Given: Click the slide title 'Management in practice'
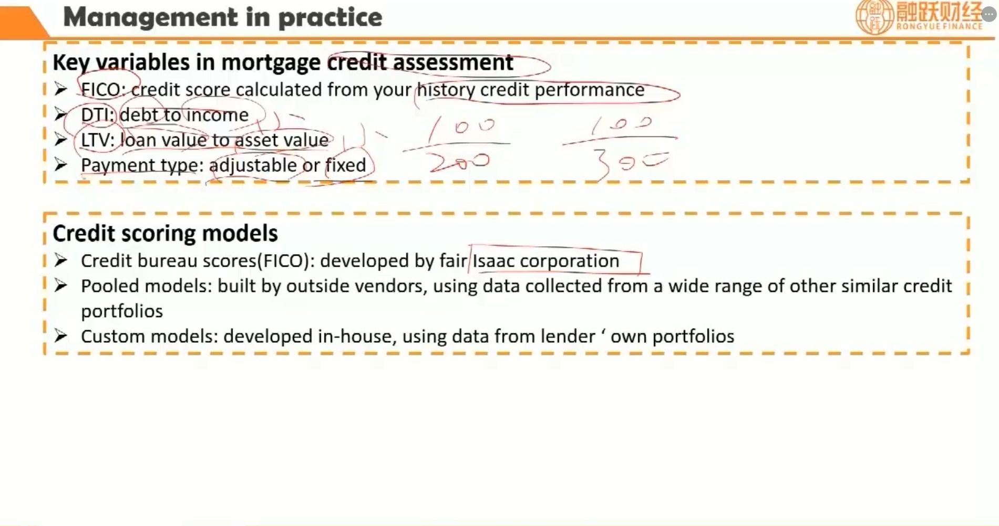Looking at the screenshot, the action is coord(222,17).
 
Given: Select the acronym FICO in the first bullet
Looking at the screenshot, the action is coord(100,90).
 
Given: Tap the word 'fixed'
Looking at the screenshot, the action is coord(345,165).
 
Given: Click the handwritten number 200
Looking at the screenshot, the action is coord(459,162).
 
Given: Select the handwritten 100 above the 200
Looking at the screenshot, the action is coord(462,128).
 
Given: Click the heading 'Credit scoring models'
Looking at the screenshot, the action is coord(165,234).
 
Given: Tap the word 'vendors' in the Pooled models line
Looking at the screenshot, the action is coord(390,287).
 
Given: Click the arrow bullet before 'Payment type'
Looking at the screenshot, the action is coord(61,165).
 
